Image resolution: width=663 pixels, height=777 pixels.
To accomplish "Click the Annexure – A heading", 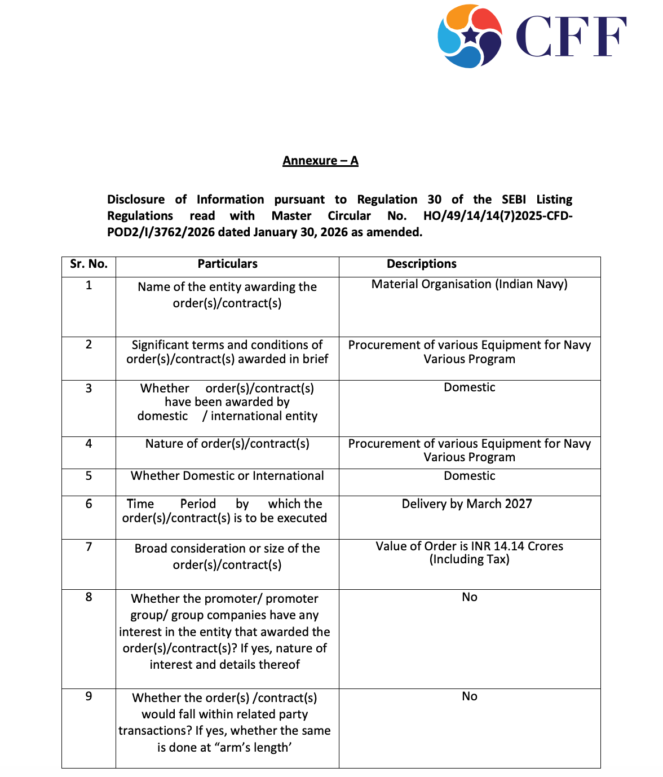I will [x=320, y=161].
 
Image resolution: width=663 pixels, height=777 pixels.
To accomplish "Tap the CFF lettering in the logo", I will [x=571, y=37].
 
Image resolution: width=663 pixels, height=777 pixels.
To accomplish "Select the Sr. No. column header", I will [x=89, y=264].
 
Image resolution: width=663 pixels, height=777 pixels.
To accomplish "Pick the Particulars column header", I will [x=227, y=264].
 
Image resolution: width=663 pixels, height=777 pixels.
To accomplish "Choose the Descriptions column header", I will [x=421, y=264].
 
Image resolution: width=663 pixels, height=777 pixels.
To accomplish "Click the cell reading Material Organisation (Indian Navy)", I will [x=469, y=284].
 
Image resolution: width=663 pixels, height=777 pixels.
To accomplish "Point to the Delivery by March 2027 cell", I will [x=467, y=504].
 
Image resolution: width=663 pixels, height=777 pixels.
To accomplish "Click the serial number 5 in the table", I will [x=89, y=476].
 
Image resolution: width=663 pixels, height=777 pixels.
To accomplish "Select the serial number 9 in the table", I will [x=89, y=696].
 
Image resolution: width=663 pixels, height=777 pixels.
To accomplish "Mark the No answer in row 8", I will [x=469, y=597].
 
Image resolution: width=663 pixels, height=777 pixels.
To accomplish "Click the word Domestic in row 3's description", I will [x=469, y=387].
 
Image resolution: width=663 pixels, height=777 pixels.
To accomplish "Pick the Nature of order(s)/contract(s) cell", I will [x=227, y=444].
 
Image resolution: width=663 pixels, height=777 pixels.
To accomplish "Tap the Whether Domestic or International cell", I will [x=227, y=476].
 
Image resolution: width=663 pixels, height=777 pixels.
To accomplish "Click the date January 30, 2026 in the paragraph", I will [x=300, y=232].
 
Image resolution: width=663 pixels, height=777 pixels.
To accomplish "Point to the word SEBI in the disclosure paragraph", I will [x=514, y=200].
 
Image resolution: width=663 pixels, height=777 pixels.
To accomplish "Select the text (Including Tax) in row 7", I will [x=469, y=559].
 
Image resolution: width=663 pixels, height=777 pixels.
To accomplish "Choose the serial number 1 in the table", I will [x=89, y=285].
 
